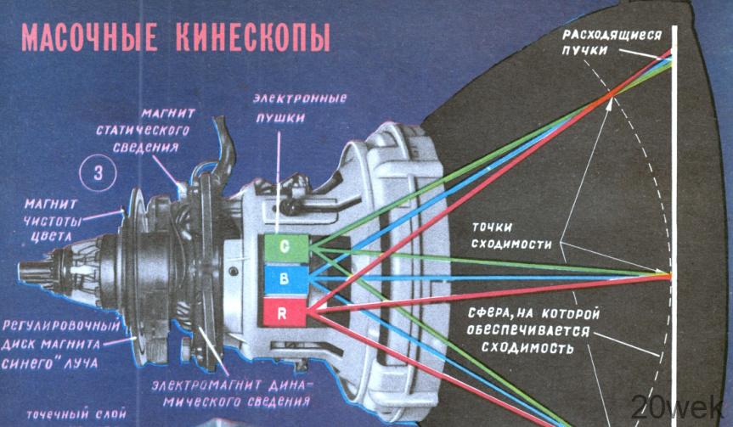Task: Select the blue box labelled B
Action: pyautogui.click(x=285, y=279)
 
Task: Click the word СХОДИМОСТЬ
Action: pyautogui.click(x=527, y=348)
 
